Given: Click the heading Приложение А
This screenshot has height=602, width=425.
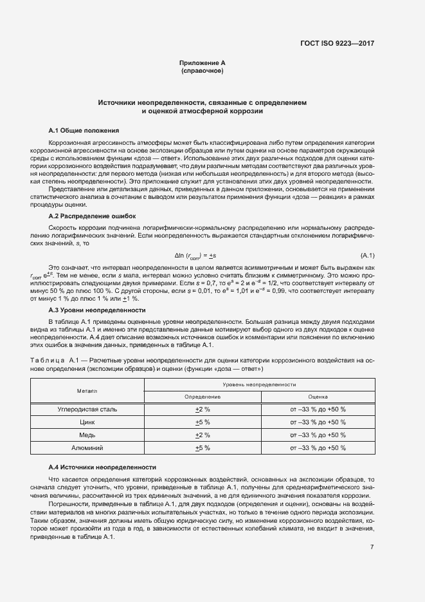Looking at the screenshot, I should coord(203,62).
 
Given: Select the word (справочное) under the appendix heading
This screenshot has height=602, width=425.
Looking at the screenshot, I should coord(203,70).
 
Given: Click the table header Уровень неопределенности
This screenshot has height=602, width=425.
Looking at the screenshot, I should coord(259,384).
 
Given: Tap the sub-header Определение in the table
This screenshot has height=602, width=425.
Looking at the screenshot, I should coord(203,397).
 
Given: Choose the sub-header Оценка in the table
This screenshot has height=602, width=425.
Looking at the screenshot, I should coord(318,397).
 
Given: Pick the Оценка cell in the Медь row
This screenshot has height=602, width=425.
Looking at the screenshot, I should coord(318,435).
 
